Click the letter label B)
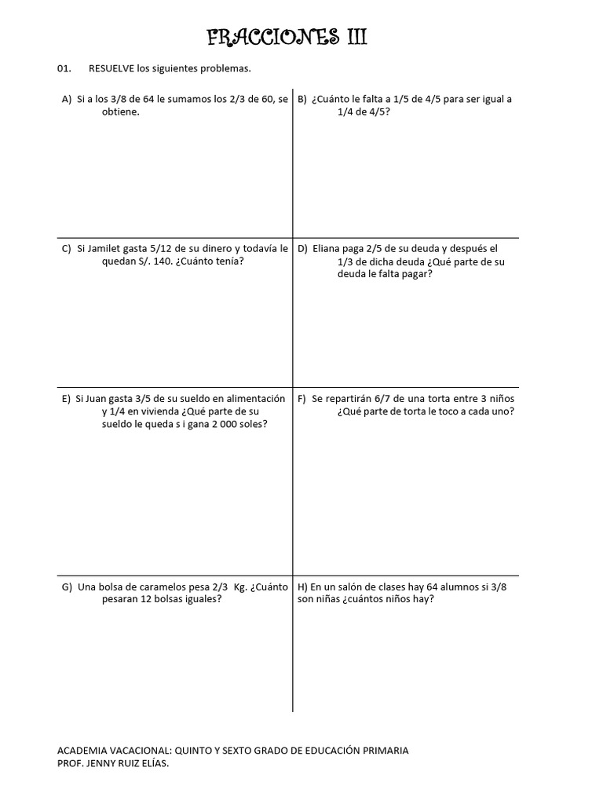click(x=301, y=99)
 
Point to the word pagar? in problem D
click(x=416, y=274)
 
